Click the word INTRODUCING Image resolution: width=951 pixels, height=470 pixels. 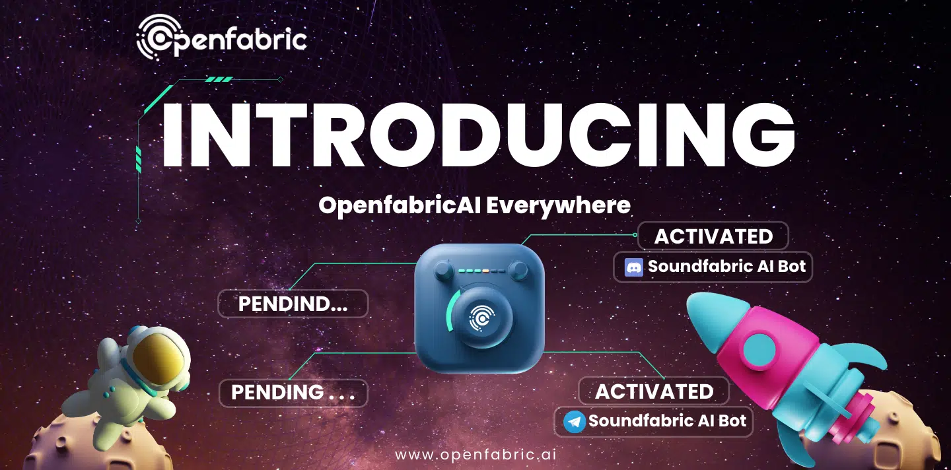coord(478,135)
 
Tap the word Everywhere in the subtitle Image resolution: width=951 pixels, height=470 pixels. coord(558,206)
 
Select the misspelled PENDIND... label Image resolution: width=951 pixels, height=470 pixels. coord(293,304)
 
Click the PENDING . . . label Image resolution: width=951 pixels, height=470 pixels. coord(293,392)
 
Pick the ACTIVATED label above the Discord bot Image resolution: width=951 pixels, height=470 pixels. coord(713,236)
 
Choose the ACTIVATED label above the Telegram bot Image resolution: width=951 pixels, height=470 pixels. coord(654,391)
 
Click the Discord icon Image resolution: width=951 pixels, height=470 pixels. coord(634,267)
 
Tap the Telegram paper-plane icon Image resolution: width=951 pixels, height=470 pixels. coord(575,422)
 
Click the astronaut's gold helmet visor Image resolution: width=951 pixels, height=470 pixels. coord(158,358)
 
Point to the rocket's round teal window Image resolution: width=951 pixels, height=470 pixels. coord(759,352)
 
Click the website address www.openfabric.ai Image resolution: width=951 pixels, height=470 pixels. coord(475,455)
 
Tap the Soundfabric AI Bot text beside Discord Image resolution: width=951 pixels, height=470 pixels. coord(726,267)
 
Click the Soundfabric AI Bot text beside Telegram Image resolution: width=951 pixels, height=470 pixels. coord(667,420)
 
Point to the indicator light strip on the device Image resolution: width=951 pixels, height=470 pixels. coord(481,271)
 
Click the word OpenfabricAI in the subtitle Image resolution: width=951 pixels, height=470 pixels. coord(400,206)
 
